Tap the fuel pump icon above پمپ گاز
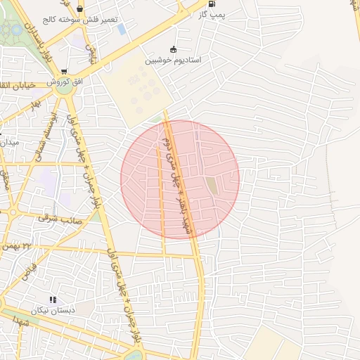(x=212, y=4)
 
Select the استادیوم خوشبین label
(x=174, y=60)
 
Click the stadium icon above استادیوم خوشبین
(x=174, y=49)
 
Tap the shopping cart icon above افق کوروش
(x=65, y=72)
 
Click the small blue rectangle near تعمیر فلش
(x=122, y=30)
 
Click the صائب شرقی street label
(x=64, y=220)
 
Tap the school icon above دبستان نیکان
(x=53, y=300)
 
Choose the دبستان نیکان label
(x=53, y=310)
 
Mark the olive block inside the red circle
(x=211, y=186)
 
